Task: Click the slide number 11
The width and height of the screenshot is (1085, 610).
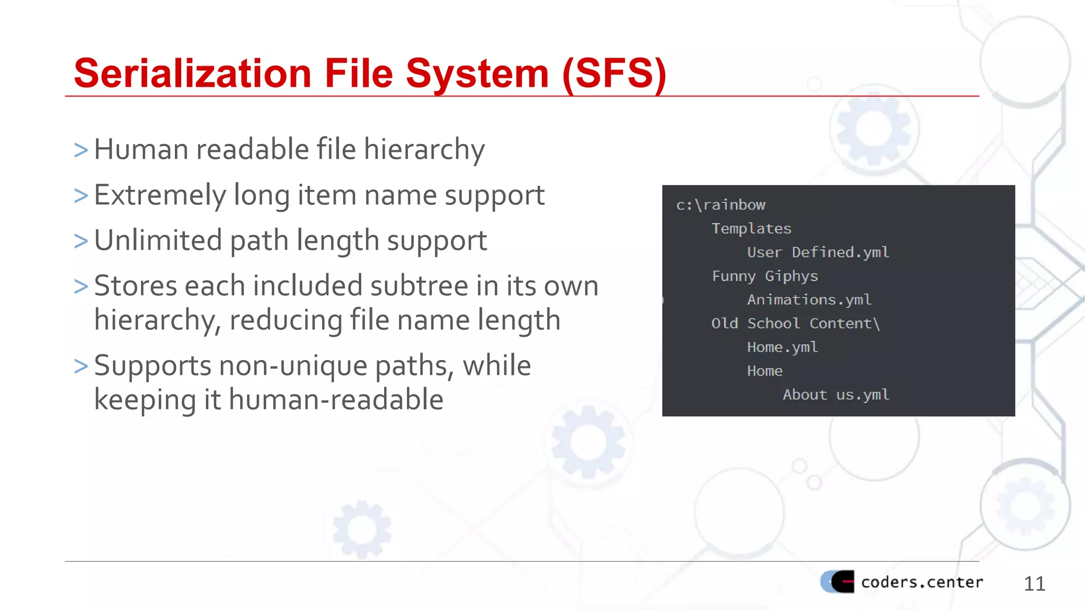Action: (1034, 584)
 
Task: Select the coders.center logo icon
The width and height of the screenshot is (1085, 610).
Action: (838, 581)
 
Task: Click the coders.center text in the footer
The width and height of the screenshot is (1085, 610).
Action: (922, 582)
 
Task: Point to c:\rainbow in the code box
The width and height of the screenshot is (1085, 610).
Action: (721, 205)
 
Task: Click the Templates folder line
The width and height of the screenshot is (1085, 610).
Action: (751, 229)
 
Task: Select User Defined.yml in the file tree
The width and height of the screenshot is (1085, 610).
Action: (818, 253)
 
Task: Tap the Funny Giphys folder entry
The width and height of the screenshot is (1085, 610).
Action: (765, 276)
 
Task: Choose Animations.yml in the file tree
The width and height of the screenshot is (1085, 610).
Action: (809, 300)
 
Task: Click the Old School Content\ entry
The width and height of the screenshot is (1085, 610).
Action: (795, 324)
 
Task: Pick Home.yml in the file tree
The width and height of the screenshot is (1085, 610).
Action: (782, 347)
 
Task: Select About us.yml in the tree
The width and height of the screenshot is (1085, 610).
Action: (836, 395)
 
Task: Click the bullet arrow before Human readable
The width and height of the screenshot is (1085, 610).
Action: (81, 150)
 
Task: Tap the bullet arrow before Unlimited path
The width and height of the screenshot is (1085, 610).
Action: (81, 241)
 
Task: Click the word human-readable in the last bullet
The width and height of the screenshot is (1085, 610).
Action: (336, 400)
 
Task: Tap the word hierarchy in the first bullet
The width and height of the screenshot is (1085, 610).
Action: (424, 150)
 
